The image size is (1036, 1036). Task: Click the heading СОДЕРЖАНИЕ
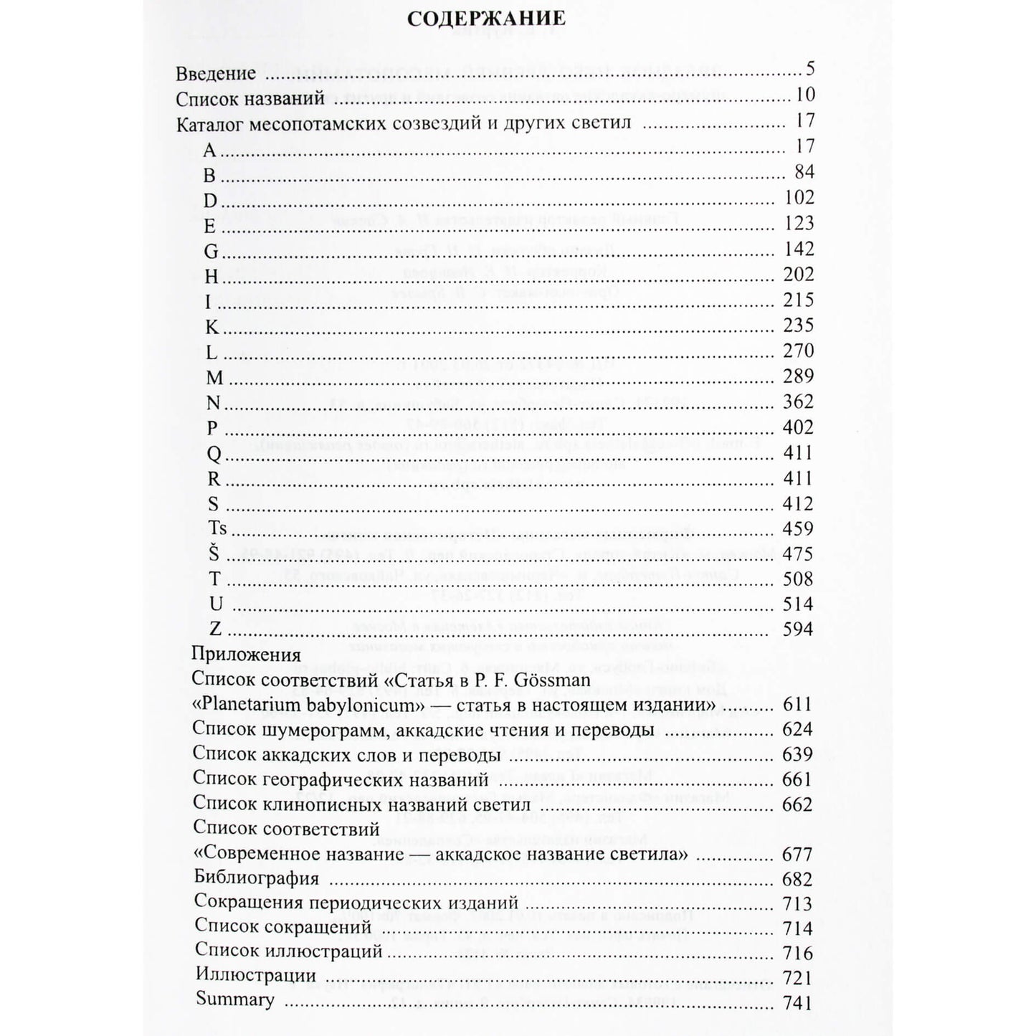coord(485,19)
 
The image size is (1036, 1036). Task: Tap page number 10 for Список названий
coord(804,96)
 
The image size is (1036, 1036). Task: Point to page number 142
coord(799,249)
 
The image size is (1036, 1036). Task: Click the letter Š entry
coord(214,554)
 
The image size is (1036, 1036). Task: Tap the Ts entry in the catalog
coord(218,529)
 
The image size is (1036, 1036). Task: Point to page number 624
coord(797,730)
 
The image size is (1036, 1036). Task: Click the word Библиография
coord(256,879)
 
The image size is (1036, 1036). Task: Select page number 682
coord(797,880)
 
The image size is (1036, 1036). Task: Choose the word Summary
coord(234,1000)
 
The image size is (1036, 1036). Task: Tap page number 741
coord(797,1002)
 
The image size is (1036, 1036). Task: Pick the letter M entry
coord(214,378)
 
